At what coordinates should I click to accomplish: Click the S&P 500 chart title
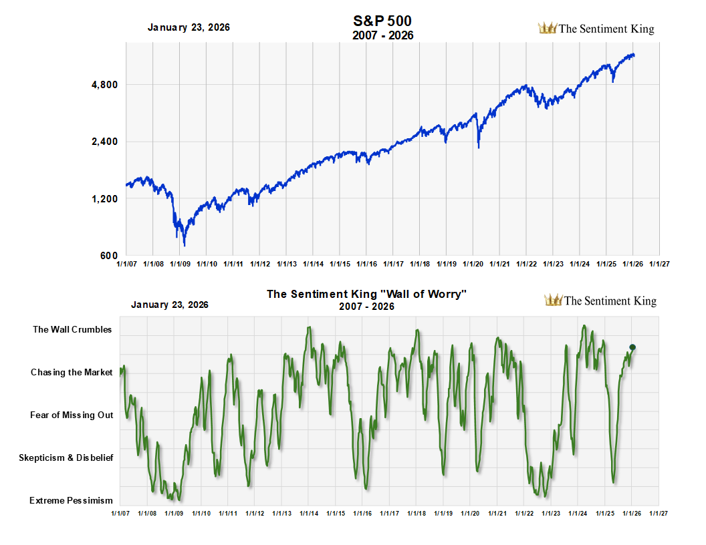pyautogui.click(x=382, y=21)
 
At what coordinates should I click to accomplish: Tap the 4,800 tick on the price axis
pyautogui.click(x=104, y=85)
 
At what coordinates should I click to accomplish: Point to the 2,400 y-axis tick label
pyautogui.click(x=104, y=142)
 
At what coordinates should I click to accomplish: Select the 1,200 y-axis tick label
pyautogui.click(x=104, y=199)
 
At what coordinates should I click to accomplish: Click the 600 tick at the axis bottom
pyautogui.click(x=110, y=256)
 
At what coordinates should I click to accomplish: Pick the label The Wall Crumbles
pyautogui.click(x=72, y=329)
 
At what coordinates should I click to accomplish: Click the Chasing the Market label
pyautogui.click(x=72, y=372)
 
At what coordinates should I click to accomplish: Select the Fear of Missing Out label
pyautogui.click(x=72, y=415)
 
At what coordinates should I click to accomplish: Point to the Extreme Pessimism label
pyautogui.click(x=71, y=500)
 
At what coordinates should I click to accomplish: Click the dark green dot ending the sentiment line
pyautogui.click(x=632, y=347)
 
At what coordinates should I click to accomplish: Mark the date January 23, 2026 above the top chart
pyautogui.click(x=189, y=27)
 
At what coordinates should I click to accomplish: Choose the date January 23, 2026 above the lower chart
pyautogui.click(x=170, y=305)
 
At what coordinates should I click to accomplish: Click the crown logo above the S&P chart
pyautogui.click(x=548, y=28)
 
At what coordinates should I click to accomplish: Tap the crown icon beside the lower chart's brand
pyautogui.click(x=554, y=300)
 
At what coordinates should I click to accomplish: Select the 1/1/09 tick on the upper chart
pyautogui.click(x=181, y=264)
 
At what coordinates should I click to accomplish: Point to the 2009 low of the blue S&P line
pyautogui.click(x=185, y=245)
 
